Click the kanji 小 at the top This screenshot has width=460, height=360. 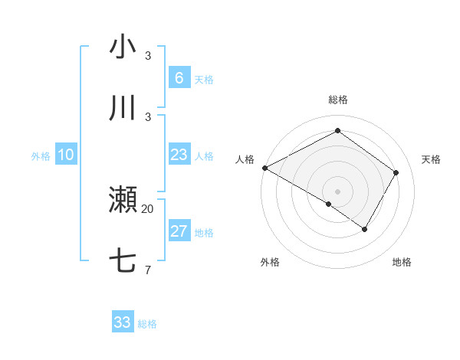coord(123,47)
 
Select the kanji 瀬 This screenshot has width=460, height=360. coord(123,200)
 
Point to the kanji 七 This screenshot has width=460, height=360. coord(123,261)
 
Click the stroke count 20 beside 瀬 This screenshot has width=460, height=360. coord(148,208)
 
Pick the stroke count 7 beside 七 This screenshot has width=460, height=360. coord(148,270)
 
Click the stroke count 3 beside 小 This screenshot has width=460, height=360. coord(148,56)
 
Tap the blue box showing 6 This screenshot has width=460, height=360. coord(179,77)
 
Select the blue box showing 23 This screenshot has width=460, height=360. coord(179,155)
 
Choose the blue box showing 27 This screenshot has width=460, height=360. coord(179,231)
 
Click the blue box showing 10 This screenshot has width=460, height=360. coord(66,155)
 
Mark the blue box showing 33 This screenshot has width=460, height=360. coord(123,322)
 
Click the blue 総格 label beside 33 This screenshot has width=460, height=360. coord(147,324)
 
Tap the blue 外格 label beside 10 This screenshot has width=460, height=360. coord(41,156)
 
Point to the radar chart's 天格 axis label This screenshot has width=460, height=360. coord(431,159)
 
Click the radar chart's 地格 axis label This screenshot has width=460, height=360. coord(402,262)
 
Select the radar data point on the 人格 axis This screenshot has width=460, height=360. coord(264,168)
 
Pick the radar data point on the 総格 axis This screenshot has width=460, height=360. coord(337,131)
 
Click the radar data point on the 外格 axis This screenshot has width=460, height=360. coord(329,204)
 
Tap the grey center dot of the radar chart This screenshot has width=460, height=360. coord(337,191)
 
